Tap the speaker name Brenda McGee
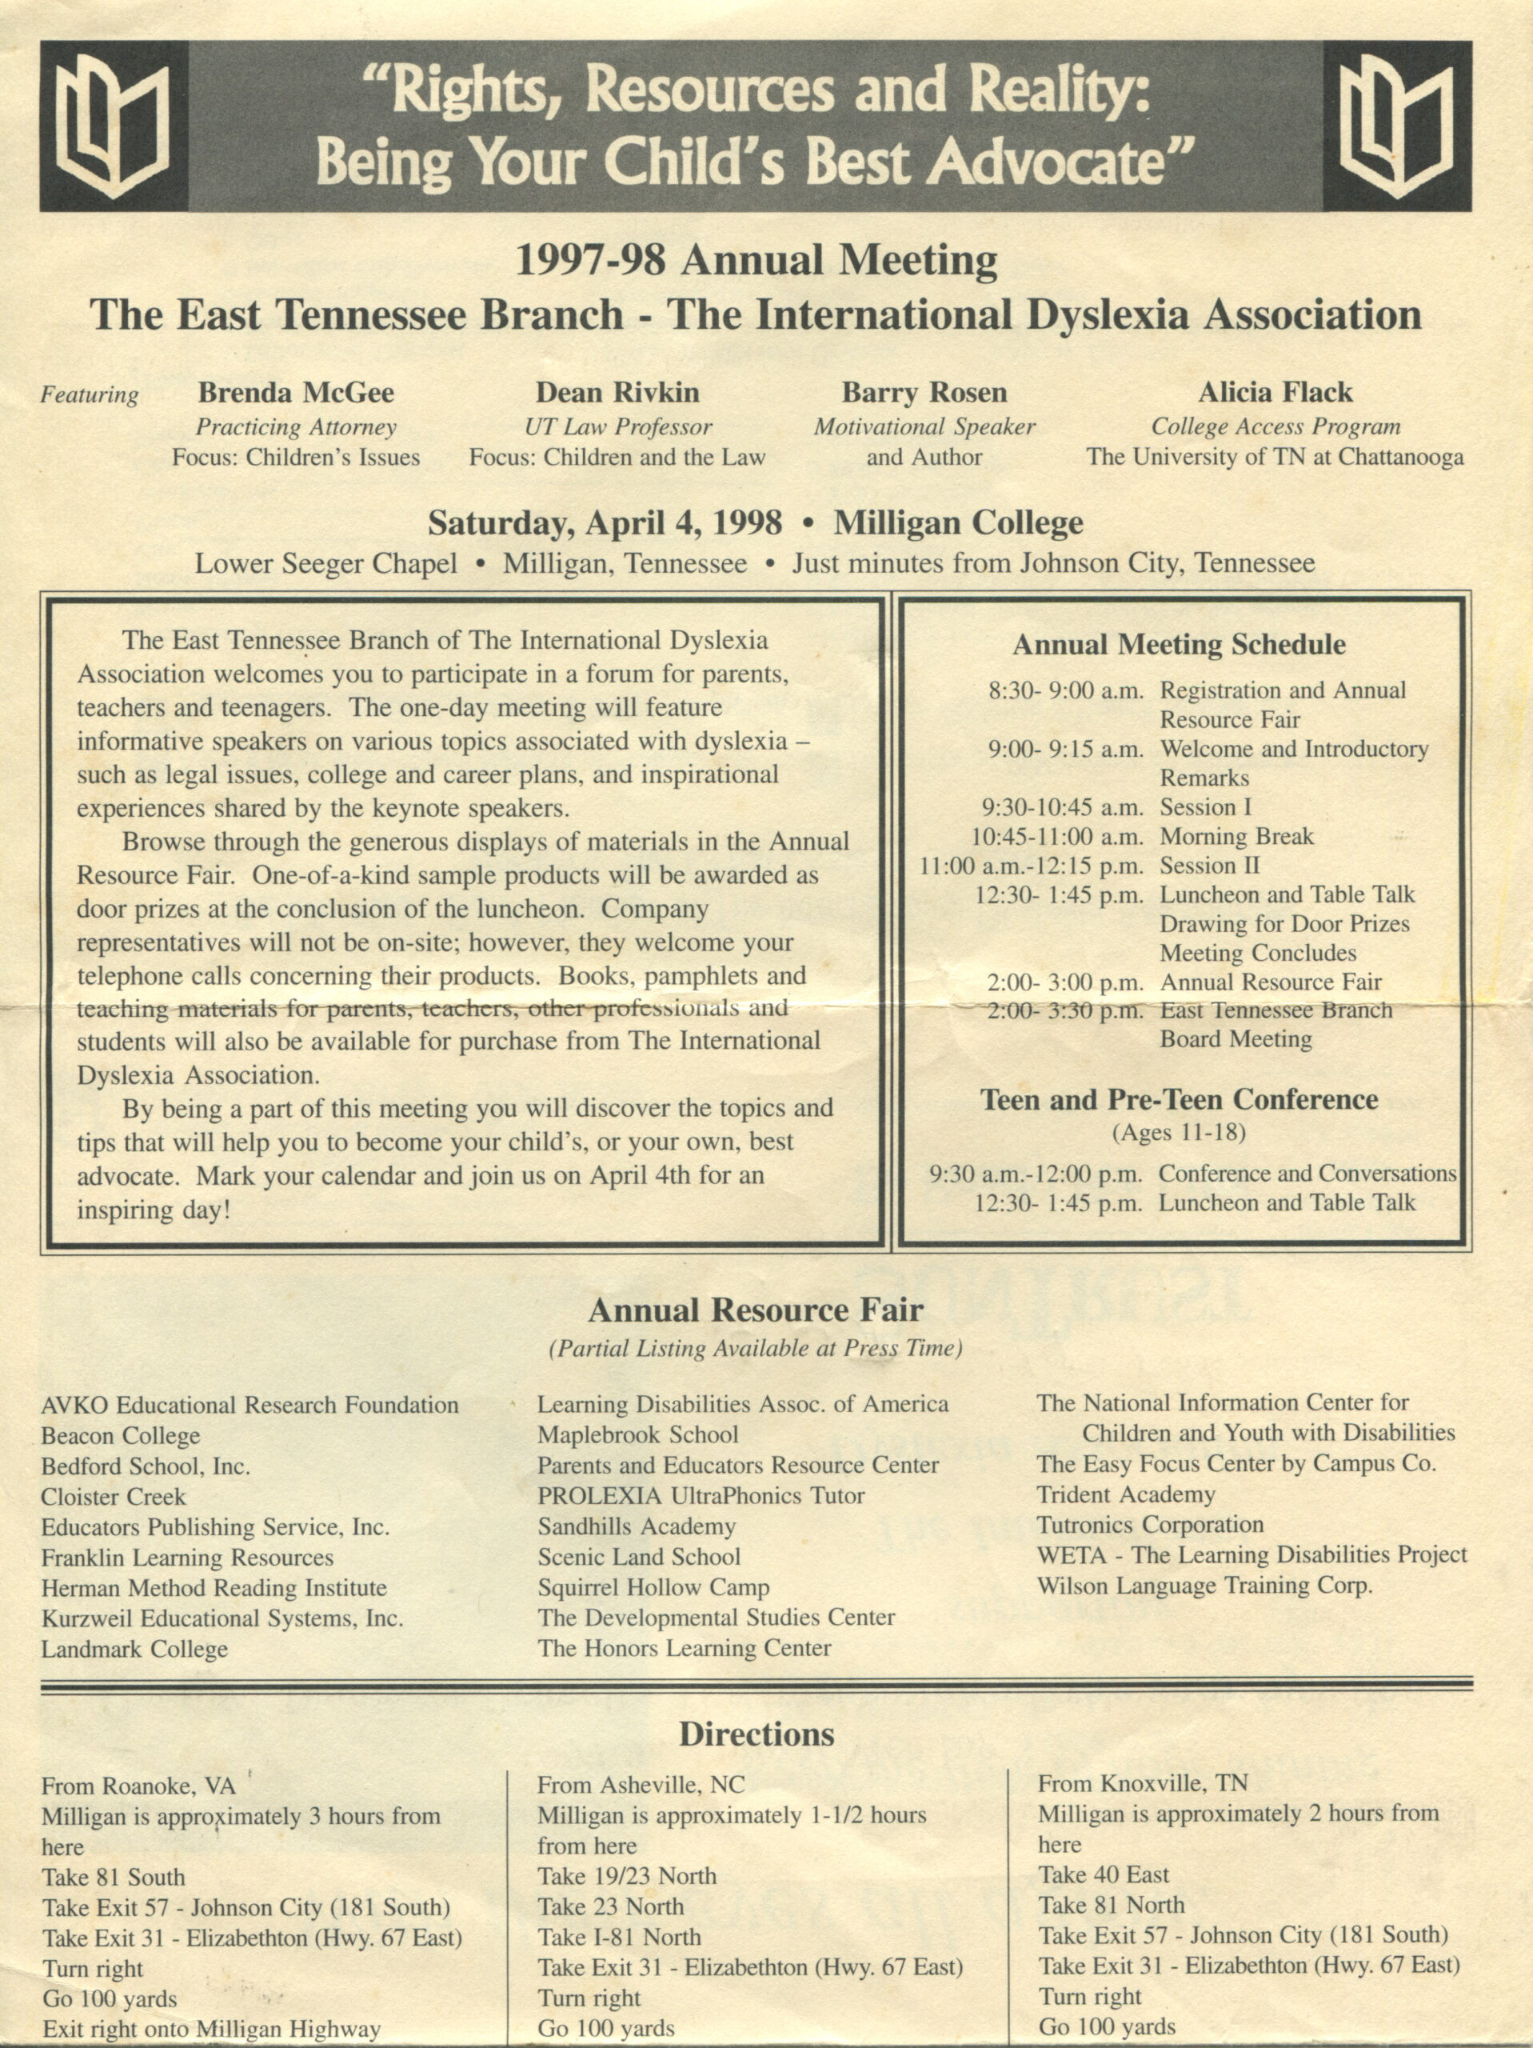click(295, 393)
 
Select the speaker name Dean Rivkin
click(617, 393)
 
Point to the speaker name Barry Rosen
click(923, 393)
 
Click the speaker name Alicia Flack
click(1275, 393)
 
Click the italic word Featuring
click(90, 395)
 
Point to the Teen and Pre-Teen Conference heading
click(1179, 1099)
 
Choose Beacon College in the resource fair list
click(120, 1436)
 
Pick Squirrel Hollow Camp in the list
click(653, 1588)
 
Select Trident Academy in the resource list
click(1124, 1494)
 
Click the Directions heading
click(757, 1734)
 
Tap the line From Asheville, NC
click(641, 1784)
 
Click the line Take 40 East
click(1104, 1875)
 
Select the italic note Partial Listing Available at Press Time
click(756, 1349)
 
